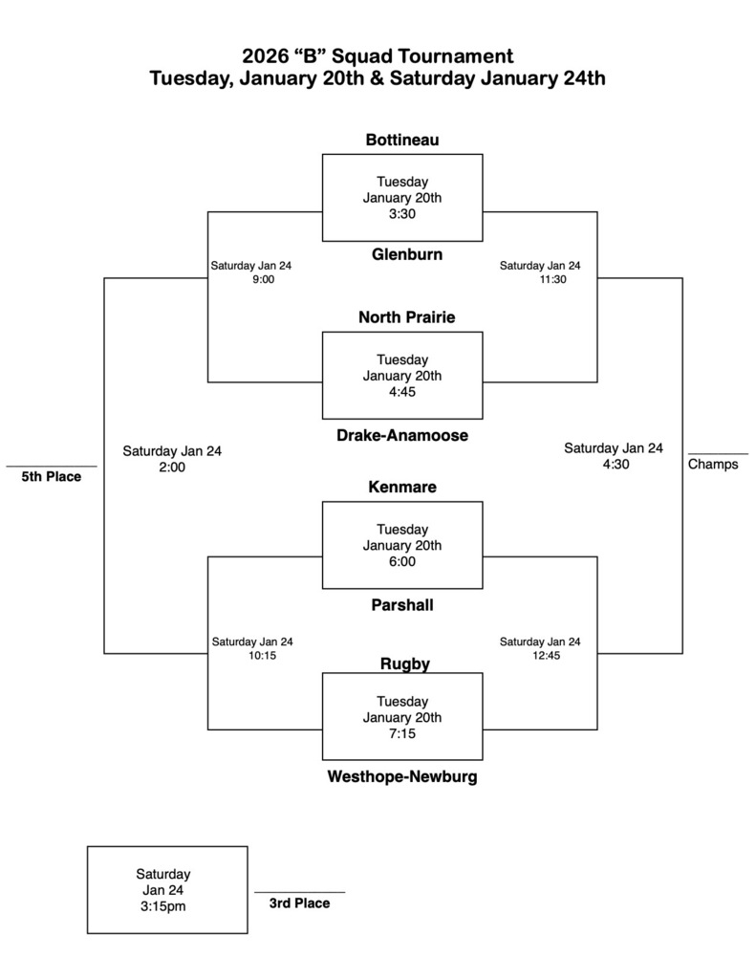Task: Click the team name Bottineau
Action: (x=401, y=141)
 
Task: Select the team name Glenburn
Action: (x=401, y=254)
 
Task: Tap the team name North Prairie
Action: (x=401, y=316)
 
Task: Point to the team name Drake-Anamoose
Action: (x=401, y=435)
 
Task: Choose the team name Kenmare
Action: (x=401, y=488)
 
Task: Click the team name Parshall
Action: (x=401, y=605)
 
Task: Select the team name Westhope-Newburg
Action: (x=401, y=777)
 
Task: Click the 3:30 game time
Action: (x=401, y=214)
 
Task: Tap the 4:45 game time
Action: (x=401, y=392)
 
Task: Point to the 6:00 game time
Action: (x=401, y=562)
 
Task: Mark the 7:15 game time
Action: (x=401, y=734)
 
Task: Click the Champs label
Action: (x=713, y=466)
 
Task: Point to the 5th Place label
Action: (x=52, y=477)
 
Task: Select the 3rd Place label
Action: (x=299, y=903)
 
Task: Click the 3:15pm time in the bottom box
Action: (x=162, y=906)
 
